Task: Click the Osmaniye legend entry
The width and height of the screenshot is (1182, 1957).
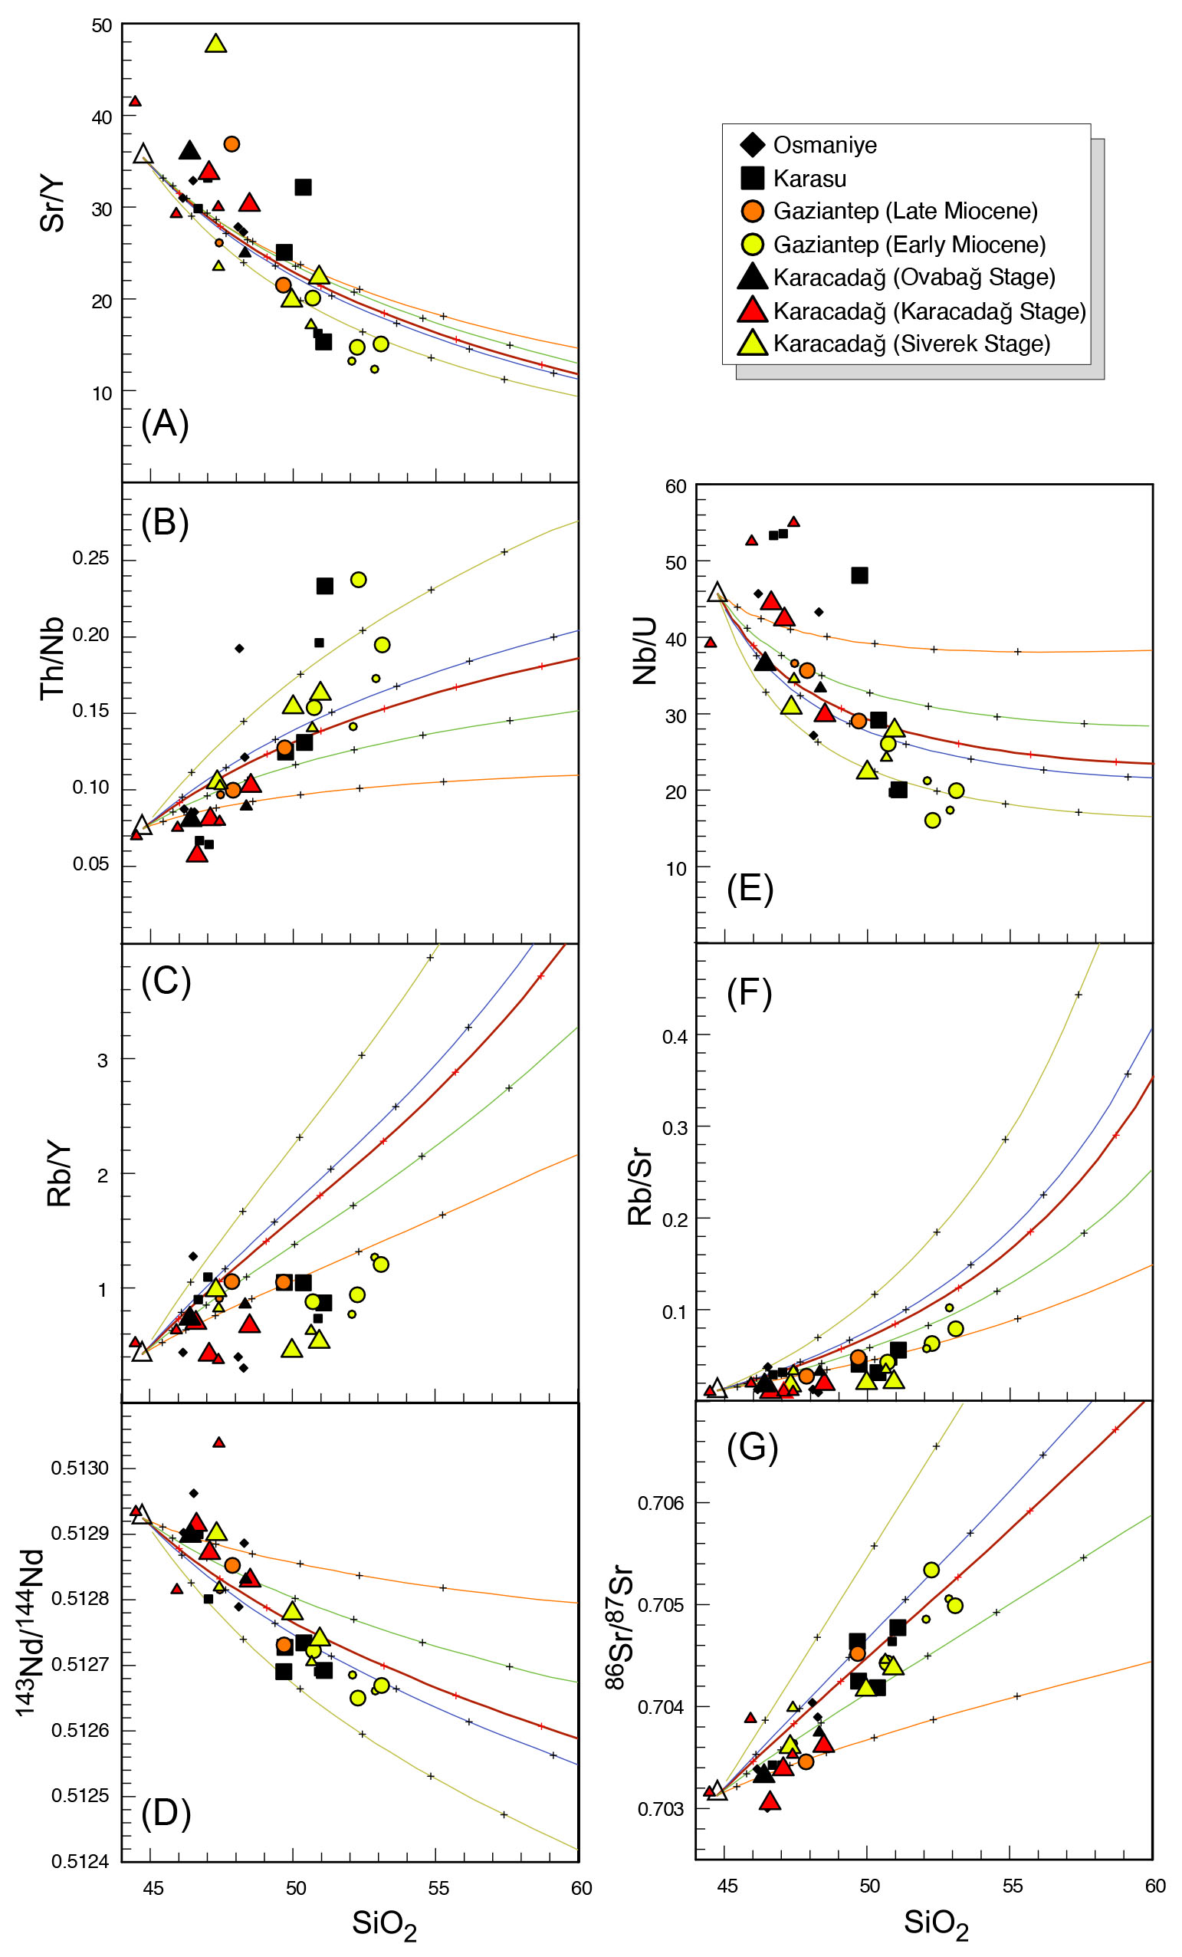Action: pyautogui.click(x=824, y=146)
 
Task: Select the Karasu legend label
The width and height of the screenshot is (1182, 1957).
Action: pyautogui.click(x=809, y=179)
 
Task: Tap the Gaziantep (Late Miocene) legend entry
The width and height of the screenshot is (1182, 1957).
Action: pyautogui.click(x=905, y=212)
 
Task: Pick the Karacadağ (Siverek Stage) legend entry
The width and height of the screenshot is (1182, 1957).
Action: pyautogui.click(x=911, y=344)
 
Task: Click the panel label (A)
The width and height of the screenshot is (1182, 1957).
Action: pyautogui.click(x=165, y=423)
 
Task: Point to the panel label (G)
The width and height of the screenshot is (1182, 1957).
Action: pyautogui.click(x=752, y=1449)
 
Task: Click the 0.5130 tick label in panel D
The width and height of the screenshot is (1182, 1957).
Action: pyautogui.click(x=80, y=1468)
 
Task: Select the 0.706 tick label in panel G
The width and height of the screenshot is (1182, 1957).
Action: pyautogui.click(x=661, y=1503)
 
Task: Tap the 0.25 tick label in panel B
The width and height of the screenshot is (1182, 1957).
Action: pyautogui.click(x=90, y=557)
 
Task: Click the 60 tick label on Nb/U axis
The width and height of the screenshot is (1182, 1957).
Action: pyautogui.click(x=675, y=486)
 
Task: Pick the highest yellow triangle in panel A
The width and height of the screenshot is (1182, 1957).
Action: pyautogui.click(x=216, y=44)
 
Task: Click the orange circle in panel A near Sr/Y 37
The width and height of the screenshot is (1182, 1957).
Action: pyautogui.click(x=231, y=143)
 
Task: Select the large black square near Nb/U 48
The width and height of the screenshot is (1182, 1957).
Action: pyautogui.click(x=860, y=575)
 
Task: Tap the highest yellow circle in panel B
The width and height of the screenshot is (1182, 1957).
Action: pyautogui.click(x=358, y=580)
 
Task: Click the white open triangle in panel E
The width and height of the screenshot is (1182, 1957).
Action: pyautogui.click(x=717, y=593)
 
